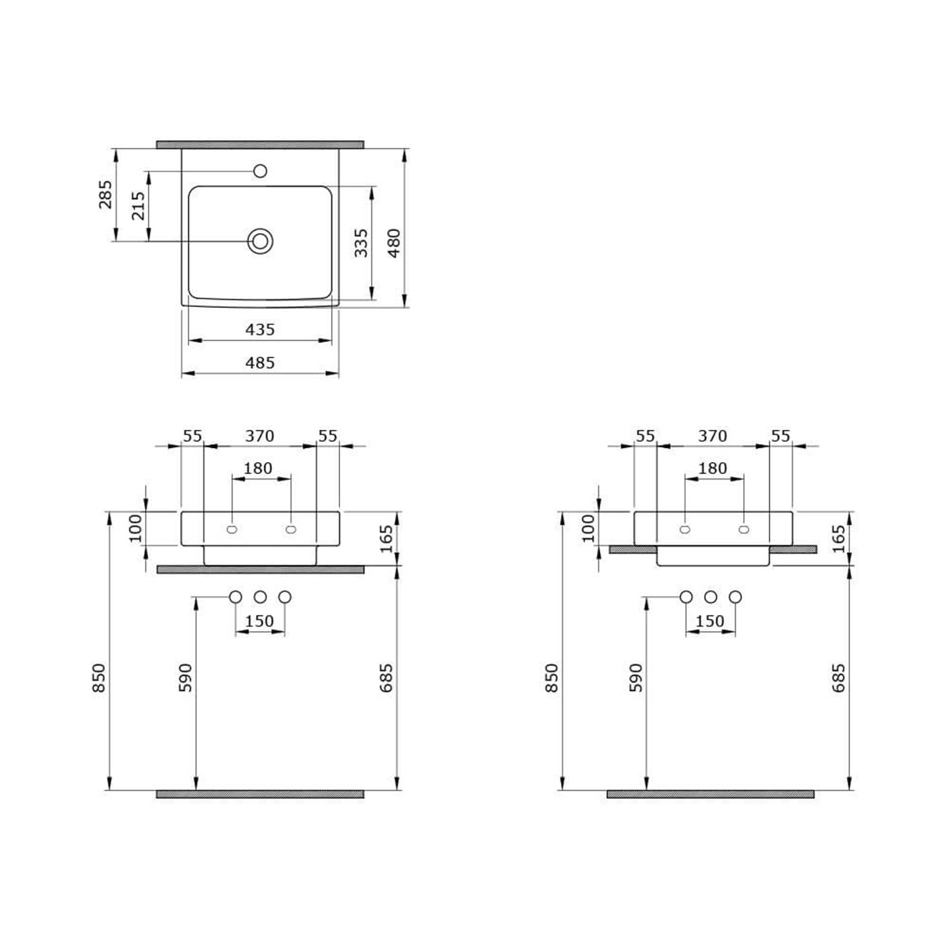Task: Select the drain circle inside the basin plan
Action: (x=260, y=241)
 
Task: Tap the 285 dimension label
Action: (x=106, y=194)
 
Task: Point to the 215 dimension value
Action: (x=139, y=205)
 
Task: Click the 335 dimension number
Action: (x=361, y=242)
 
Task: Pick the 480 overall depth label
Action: (x=393, y=242)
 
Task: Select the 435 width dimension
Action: (x=260, y=330)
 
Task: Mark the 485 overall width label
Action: (x=260, y=363)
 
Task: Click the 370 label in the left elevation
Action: (x=259, y=436)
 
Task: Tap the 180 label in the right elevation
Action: (x=713, y=468)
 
